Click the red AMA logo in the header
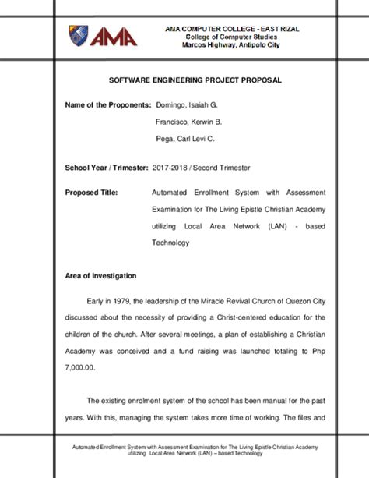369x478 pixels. click(x=114, y=37)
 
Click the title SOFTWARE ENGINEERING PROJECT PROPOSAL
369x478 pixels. click(x=184, y=80)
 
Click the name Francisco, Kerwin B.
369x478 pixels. click(x=189, y=122)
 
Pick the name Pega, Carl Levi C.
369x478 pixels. click(x=185, y=139)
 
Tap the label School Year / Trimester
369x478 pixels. click(x=107, y=168)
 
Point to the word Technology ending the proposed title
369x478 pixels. click(x=170, y=243)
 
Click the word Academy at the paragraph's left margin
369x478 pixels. click(x=81, y=351)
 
